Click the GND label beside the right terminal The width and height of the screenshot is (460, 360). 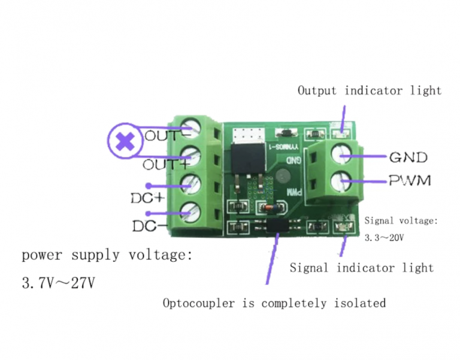pyautogui.click(x=408, y=158)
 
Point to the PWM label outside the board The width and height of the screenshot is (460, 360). pyautogui.click(x=410, y=180)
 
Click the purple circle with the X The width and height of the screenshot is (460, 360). pyautogui.click(x=125, y=141)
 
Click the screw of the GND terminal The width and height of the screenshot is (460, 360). pyautogui.click(x=344, y=156)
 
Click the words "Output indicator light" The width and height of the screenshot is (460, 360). pyautogui.click(x=370, y=91)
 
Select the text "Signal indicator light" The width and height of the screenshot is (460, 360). pyautogui.click(x=362, y=268)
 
